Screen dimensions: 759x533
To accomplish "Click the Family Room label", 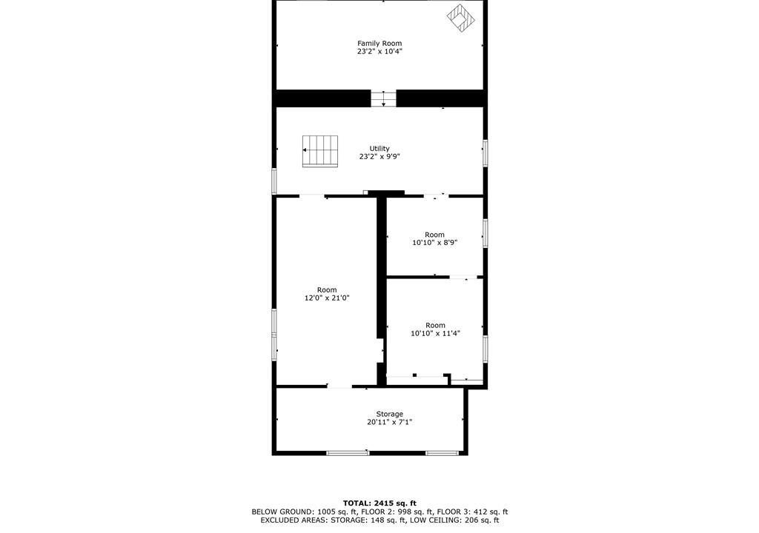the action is click(379, 44).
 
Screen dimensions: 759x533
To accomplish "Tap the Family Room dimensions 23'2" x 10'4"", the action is click(379, 51).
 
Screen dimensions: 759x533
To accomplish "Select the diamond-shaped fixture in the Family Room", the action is click(461, 18).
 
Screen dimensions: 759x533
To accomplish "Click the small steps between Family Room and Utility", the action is click(383, 98).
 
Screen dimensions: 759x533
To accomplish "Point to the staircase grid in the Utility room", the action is click(320, 152).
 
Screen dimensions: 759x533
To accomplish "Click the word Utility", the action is click(379, 149).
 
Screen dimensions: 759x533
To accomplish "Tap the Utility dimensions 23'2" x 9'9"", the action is click(379, 157).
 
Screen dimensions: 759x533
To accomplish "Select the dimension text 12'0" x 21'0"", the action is click(327, 298).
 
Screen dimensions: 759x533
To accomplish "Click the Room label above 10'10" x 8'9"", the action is click(434, 235).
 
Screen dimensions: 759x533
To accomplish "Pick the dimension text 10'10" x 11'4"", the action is click(435, 333).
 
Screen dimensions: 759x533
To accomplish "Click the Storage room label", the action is click(390, 414).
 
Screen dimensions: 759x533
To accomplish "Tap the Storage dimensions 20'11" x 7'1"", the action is click(390, 422).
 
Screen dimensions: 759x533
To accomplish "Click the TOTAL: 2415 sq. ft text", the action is click(379, 503).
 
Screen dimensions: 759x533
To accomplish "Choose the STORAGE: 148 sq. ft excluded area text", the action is click(368, 520).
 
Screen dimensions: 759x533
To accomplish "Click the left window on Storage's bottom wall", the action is click(348, 453).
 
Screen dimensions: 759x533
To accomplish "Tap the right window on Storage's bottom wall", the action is click(442, 453).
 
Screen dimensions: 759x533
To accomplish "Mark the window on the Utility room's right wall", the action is click(485, 153).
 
